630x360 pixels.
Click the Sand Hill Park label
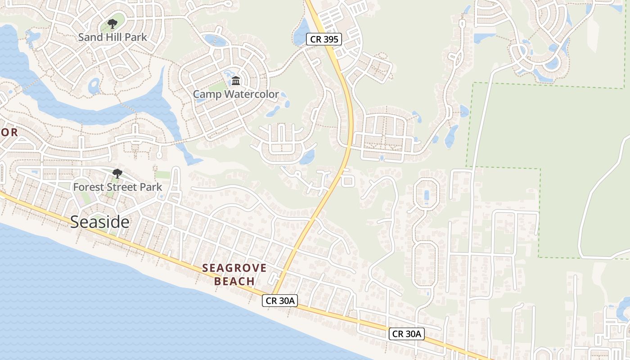[x=112, y=37]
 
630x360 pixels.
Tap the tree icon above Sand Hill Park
[x=112, y=24]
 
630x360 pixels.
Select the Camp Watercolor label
[x=236, y=94]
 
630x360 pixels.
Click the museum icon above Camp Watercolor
[x=236, y=81]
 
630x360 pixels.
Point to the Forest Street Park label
[x=117, y=186]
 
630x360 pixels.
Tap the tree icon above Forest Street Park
[x=117, y=173]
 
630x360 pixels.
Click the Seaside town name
[x=100, y=222]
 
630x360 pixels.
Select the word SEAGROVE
[x=234, y=268]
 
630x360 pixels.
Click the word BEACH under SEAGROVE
[x=234, y=282]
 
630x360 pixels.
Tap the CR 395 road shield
[x=324, y=39]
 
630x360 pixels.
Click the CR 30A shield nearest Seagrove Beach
[x=280, y=301]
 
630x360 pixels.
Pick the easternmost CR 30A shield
[x=407, y=333]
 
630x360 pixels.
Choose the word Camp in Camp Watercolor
[x=207, y=94]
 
